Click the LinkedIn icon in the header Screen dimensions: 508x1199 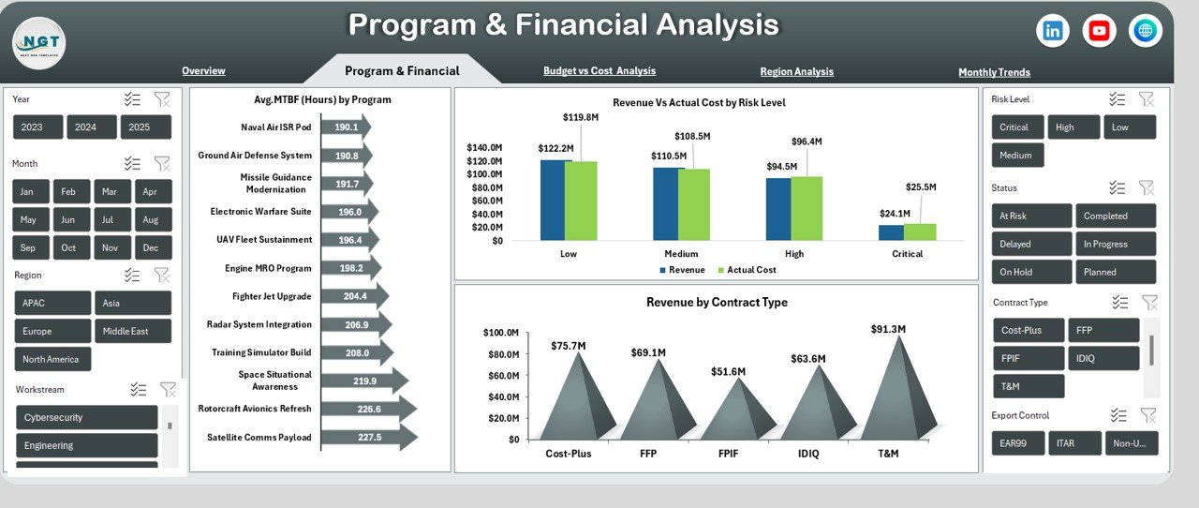(1053, 31)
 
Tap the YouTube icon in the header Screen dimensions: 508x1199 (1099, 31)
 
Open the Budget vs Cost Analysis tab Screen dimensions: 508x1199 (599, 71)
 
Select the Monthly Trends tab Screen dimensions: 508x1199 (994, 72)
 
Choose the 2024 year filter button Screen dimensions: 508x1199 (92, 127)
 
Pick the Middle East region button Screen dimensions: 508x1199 (132, 331)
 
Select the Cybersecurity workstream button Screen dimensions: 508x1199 (86, 418)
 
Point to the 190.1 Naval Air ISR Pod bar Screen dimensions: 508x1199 (345, 127)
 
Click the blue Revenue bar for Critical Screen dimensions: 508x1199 (891, 232)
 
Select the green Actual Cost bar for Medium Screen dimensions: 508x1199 (694, 204)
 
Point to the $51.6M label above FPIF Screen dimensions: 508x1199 (728, 372)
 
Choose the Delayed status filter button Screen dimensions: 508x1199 (1030, 245)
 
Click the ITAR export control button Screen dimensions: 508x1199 (1074, 444)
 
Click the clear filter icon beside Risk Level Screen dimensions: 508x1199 (1147, 99)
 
